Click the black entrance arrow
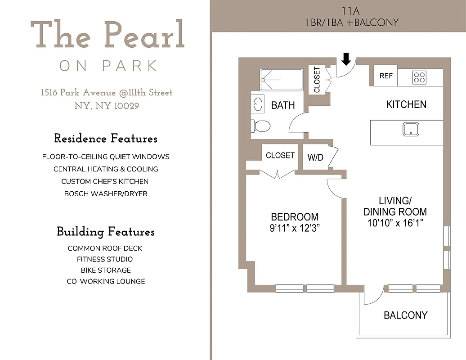345,58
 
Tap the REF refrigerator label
386,76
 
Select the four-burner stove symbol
419,77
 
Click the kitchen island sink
410,129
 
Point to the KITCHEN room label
406,104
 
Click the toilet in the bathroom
261,126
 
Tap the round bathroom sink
258,104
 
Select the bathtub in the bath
282,80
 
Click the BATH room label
283,105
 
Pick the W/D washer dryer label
315,157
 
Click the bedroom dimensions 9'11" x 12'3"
294,228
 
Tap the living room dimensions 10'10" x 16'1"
395,223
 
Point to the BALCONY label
405,315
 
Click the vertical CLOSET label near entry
317,80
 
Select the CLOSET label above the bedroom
280,155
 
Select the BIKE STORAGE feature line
106,270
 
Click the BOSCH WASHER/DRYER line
106,194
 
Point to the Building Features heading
106,232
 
